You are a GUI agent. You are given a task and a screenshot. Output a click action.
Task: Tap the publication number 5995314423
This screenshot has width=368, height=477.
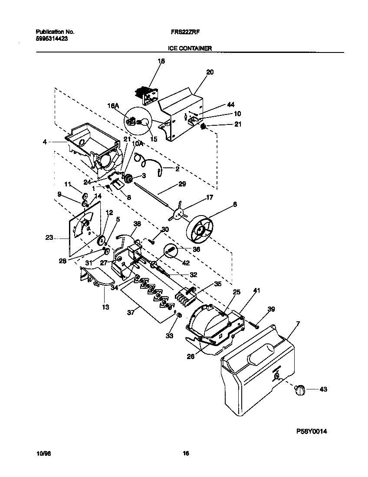click(x=51, y=38)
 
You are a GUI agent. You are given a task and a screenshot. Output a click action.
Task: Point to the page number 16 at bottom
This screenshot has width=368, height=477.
click(x=185, y=454)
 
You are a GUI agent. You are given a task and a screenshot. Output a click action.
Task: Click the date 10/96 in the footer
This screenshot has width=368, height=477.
click(x=42, y=454)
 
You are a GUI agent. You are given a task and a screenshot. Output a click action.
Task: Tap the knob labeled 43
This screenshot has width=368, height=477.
click(x=300, y=390)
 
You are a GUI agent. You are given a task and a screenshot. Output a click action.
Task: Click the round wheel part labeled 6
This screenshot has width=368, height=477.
click(x=200, y=229)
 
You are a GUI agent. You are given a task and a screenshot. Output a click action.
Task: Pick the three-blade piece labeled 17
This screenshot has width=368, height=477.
click(x=178, y=212)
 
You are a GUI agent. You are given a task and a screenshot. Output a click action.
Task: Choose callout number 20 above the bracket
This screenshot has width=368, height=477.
click(x=210, y=72)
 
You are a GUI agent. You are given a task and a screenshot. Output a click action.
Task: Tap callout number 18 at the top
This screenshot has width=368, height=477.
click(x=161, y=62)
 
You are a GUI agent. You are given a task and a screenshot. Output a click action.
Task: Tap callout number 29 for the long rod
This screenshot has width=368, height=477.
click(x=182, y=184)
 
